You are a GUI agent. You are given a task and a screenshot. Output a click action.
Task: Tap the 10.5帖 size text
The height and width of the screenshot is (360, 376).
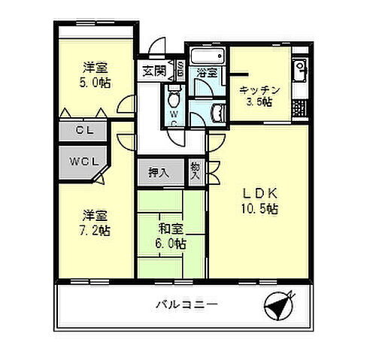[x=259, y=209]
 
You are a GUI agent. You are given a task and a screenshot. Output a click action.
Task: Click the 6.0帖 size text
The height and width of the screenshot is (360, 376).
[x=171, y=244]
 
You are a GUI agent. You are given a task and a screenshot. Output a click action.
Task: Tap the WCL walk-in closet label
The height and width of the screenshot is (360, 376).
[x=82, y=162]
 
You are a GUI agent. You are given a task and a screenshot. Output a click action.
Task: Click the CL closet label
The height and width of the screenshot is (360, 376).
[x=82, y=129]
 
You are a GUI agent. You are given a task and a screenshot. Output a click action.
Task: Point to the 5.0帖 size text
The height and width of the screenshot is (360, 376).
[x=94, y=82]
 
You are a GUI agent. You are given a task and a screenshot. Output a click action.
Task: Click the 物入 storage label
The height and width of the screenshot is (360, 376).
[x=196, y=171]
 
